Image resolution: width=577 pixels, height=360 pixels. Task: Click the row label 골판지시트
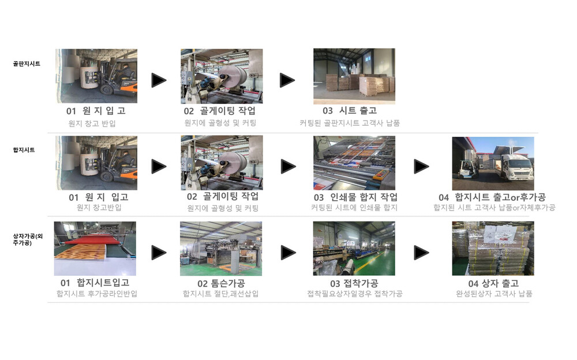tap(27, 63)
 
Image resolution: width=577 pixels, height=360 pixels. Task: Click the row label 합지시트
tap(24, 150)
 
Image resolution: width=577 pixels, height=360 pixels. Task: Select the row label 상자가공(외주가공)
tap(28, 239)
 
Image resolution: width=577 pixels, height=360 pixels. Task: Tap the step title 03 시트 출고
tap(350, 110)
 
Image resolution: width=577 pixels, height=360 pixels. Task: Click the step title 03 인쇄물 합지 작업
tap(355, 197)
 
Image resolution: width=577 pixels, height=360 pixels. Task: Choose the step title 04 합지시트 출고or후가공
tap(492, 197)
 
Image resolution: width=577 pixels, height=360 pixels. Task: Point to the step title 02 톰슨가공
tap(221, 283)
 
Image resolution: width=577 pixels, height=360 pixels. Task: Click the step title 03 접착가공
tap(354, 283)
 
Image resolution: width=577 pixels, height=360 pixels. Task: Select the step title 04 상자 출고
tap(493, 283)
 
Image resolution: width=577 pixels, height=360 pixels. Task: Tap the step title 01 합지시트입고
tap(95, 282)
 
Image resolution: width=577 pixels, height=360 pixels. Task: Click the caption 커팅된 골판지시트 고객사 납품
tap(350, 123)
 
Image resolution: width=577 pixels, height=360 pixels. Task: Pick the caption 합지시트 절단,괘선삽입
tap(221, 294)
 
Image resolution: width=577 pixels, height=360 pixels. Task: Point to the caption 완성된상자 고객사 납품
tap(494, 294)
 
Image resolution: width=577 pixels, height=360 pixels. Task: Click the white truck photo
tap(493, 163)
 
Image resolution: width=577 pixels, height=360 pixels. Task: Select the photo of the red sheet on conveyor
tap(95, 249)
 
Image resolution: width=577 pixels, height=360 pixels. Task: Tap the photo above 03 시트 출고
tap(354, 76)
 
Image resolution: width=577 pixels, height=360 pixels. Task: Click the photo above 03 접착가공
tap(354, 249)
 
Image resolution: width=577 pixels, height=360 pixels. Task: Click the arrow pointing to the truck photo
tap(421, 166)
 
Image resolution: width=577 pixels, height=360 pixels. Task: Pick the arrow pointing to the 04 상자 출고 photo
tap(421, 253)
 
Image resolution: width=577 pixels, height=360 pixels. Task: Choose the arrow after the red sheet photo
tap(159, 253)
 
